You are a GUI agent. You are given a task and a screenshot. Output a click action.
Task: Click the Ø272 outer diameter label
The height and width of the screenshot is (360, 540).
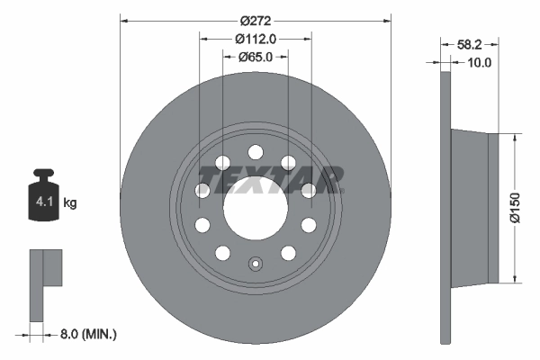[256, 19]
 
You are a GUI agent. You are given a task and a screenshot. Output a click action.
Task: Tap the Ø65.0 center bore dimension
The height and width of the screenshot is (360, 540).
[256, 57]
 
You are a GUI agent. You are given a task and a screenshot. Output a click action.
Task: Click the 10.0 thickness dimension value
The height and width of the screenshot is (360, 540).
[479, 62]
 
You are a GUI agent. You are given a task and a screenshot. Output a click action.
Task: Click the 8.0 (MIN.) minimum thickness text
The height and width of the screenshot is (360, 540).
[87, 334]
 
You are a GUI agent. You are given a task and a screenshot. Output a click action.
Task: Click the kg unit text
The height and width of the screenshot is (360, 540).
[70, 203]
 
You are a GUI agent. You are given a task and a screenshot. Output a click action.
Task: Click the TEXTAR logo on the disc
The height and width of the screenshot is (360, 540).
[269, 177]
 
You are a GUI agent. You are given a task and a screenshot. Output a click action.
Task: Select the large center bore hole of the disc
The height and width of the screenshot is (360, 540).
[255, 206]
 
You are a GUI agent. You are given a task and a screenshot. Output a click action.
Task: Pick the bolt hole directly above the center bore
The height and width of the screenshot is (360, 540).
[255, 150]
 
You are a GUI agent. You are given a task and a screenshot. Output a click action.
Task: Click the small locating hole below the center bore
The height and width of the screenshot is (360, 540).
[255, 265]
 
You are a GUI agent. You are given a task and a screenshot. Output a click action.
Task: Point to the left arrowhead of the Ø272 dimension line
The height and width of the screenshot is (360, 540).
[123, 19]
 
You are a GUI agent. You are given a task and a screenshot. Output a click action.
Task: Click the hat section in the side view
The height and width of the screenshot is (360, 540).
[470, 206]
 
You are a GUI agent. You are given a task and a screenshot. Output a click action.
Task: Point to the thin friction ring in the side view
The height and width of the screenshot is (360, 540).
[445, 207]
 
